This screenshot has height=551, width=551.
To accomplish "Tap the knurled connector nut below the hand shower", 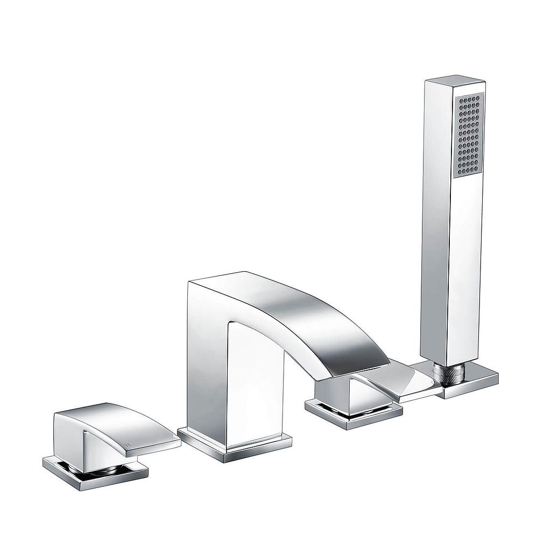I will click(449, 373).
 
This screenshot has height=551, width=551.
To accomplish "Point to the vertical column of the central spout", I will click(207, 377).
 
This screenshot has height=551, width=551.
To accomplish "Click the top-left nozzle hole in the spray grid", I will click(459, 100).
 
